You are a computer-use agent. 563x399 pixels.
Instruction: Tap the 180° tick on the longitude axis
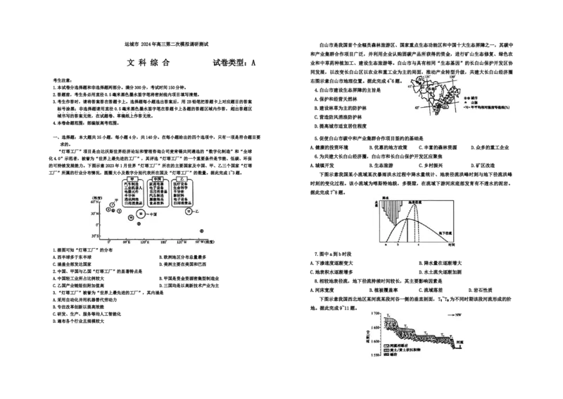(x=163, y=241)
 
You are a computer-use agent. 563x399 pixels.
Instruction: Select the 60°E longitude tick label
(x=127, y=241)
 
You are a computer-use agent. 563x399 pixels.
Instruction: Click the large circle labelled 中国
(x=141, y=214)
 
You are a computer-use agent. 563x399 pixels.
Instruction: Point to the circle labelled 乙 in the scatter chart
(x=189, y=211)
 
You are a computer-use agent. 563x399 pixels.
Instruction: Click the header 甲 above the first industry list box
(x=128, y=178)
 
